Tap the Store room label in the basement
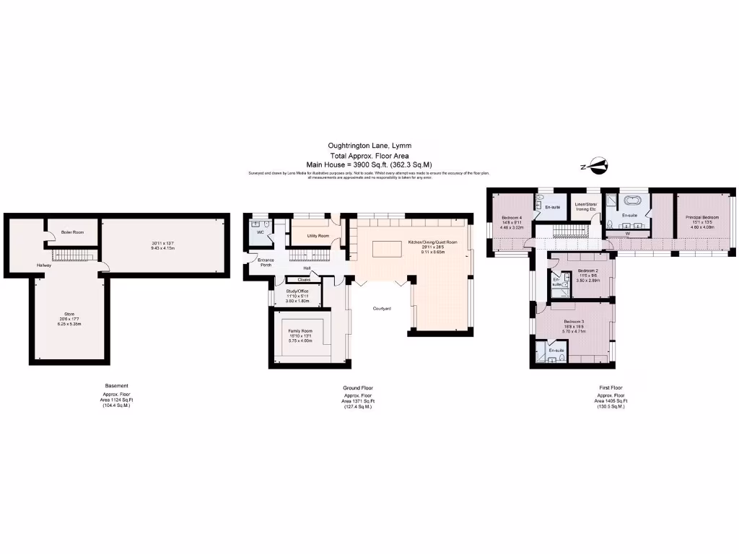click(69, 315)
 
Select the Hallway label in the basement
click(45, 265)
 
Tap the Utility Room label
click(318, 236)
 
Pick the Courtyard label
click(382, 308)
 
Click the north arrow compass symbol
click(594, 167)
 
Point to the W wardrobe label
click(626, 234)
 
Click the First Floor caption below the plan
click(611, 387)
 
